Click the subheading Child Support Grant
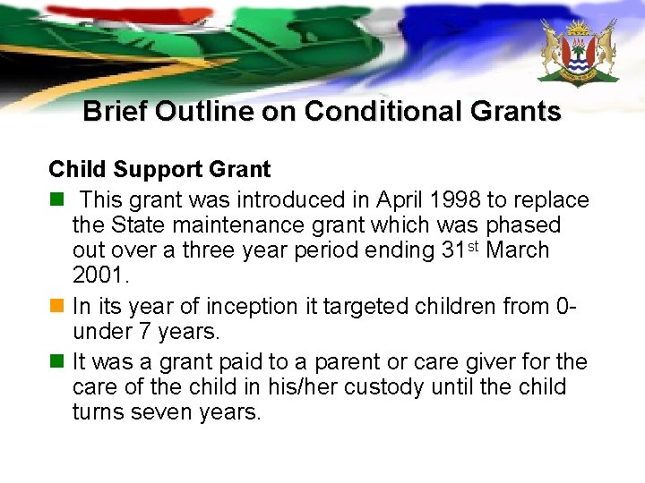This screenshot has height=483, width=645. coord(159,168)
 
